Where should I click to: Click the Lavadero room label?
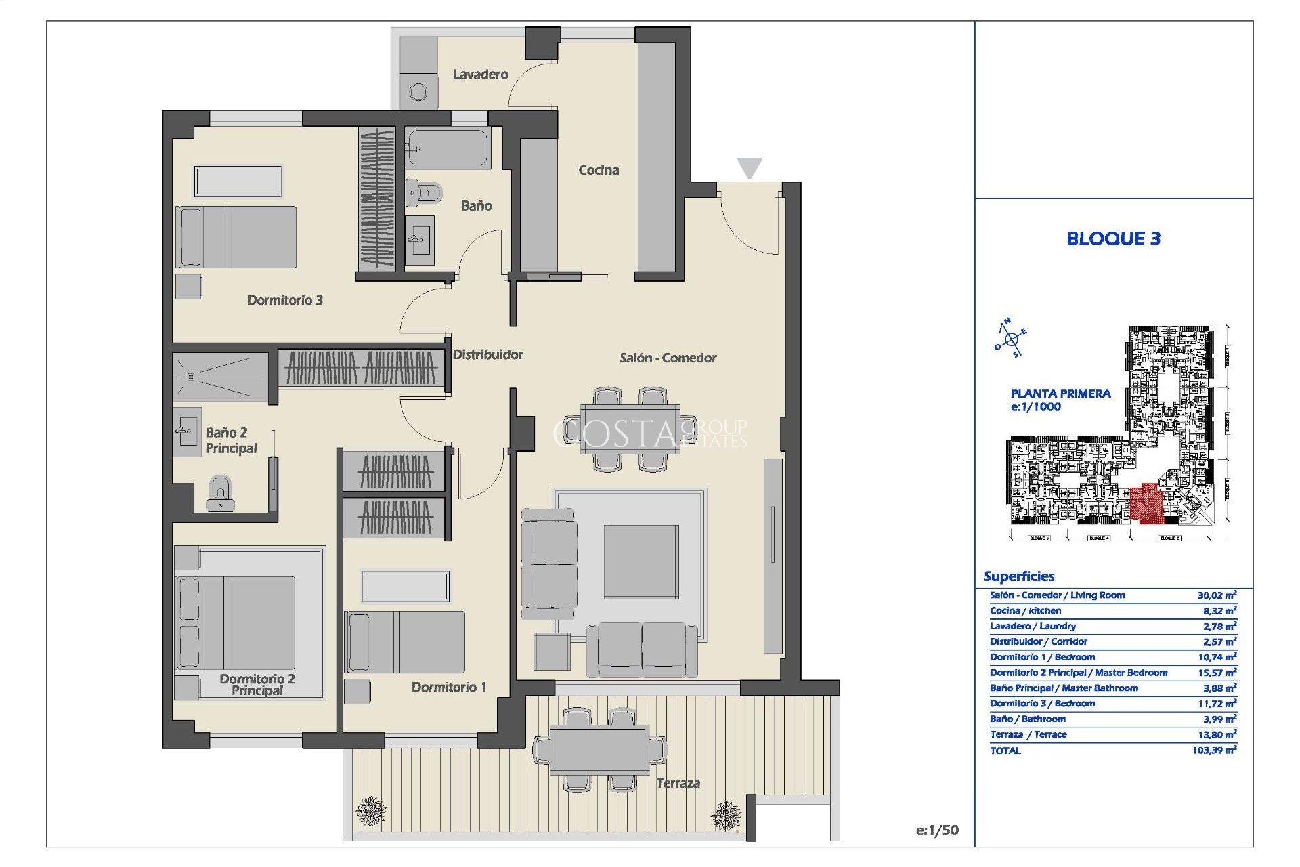click(480, 75)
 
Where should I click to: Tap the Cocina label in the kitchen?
click(598, 170)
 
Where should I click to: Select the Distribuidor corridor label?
click(487, 354)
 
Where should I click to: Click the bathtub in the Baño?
click(447, 148)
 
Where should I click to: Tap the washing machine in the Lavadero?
click(418, 92)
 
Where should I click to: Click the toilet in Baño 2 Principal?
click(220, 492)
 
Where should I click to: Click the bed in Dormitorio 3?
click(237, 237)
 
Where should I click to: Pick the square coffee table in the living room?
click(641, 562)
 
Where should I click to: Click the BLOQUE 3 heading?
click(1113, 238)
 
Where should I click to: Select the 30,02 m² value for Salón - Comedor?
click(1217, 595)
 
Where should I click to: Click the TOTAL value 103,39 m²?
click(1215, 750)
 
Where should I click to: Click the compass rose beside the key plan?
click(1011, 339)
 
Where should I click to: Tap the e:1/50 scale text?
click(937, 830)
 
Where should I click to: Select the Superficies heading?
click(1019, 576)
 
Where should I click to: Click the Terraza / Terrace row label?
click(1028, 735)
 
